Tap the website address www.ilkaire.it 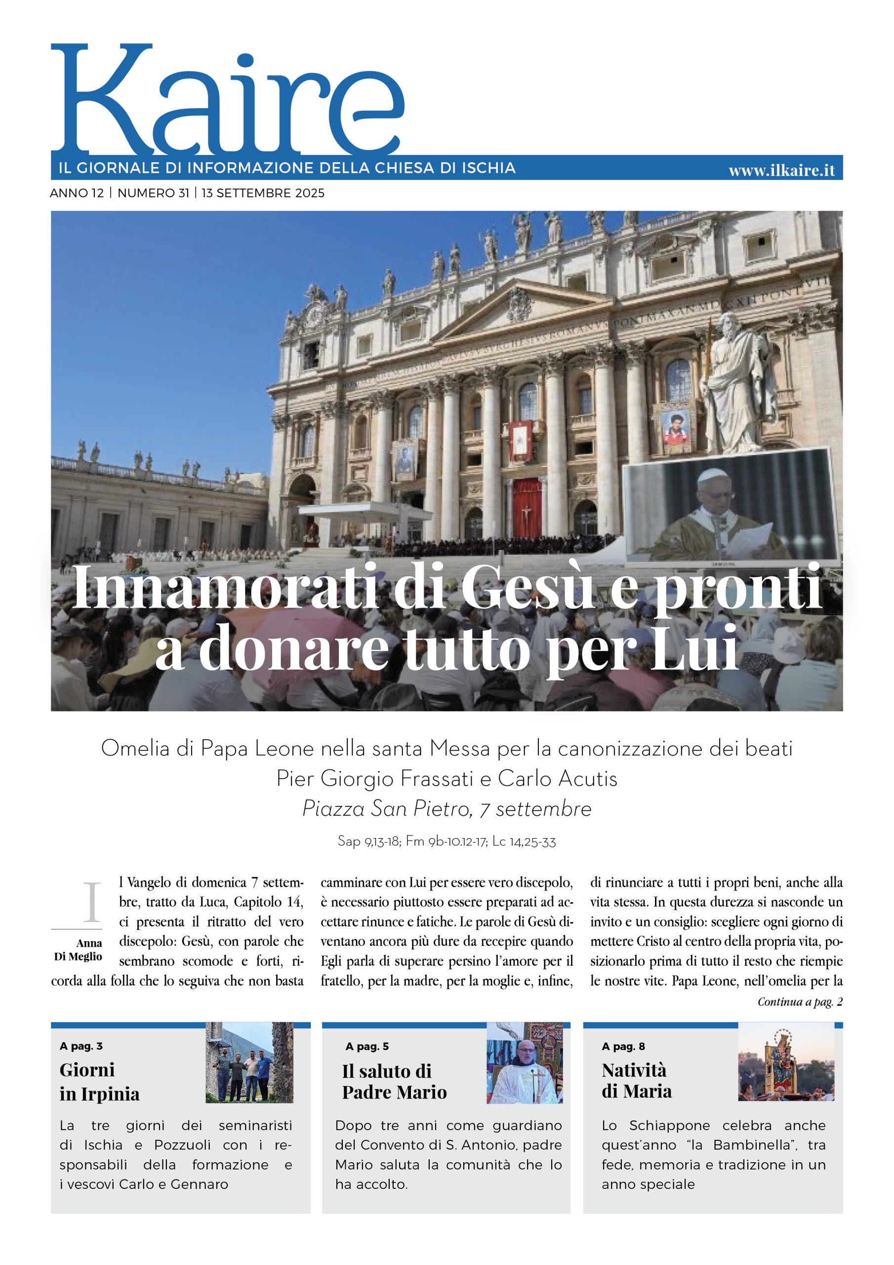click(x=781, y=171)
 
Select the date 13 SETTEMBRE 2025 click(x=263, y=193)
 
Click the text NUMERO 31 click(x=153, y=193)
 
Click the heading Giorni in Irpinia click(x=99, y=1082)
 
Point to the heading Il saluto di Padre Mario click(x=394, y=1082)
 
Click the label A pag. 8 click(x=623, y=1046)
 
